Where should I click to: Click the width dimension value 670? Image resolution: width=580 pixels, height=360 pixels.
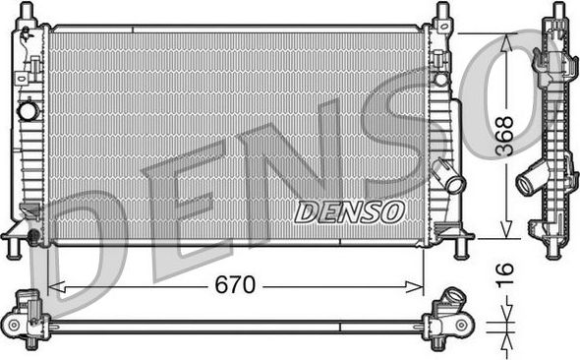(235, 285)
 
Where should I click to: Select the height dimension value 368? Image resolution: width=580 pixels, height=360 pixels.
(502, 134)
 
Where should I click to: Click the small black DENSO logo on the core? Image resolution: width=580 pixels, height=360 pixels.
(349, 210)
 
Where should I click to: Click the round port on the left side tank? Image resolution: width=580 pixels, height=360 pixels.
(28, 110)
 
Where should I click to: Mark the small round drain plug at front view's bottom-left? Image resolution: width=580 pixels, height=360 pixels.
(34, 236)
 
